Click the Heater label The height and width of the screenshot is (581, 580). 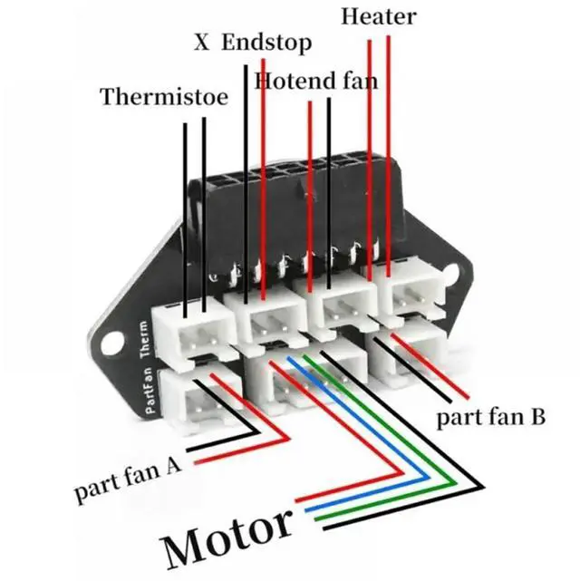tap(379, 16)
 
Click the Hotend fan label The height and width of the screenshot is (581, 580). tap(315, 80)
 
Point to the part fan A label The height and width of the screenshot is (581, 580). tap(129, 479)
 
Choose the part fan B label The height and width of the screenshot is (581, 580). tap(489, 419)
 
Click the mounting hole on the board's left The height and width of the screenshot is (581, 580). tap(111, 343)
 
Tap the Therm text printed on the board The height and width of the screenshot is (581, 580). tap(144, 341)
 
